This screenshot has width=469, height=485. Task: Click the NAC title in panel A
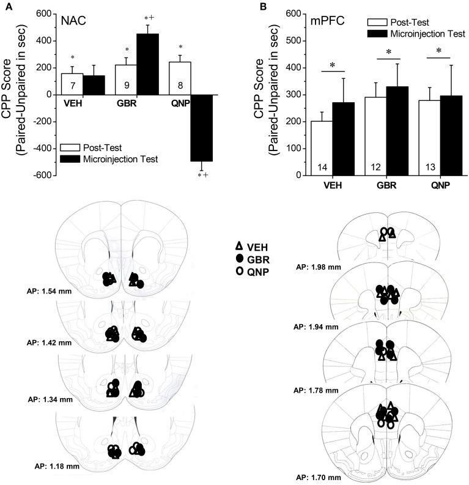[72, 20]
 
